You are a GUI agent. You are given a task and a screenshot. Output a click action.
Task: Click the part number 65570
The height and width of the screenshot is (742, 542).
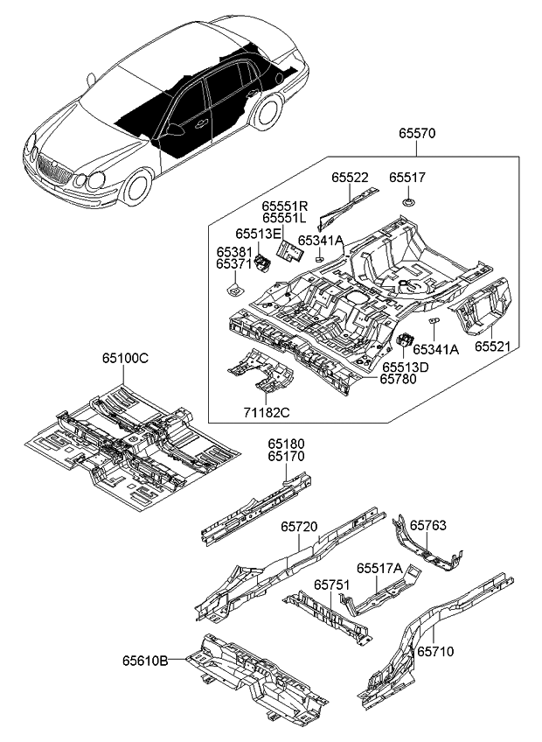pyautogui.click(x=417, y=134)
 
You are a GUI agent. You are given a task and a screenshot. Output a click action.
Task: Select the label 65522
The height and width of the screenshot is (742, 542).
pyautogui.click(x=351, y=177)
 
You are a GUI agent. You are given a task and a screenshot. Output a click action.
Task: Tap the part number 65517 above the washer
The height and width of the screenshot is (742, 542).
pyautogui.click(x=407, y=177)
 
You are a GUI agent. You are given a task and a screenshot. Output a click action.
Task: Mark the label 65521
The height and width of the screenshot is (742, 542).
pyautogui.click(x=493, y=346)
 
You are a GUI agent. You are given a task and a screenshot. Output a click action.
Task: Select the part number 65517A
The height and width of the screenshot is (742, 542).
pyautogui.click(x=379, y=569)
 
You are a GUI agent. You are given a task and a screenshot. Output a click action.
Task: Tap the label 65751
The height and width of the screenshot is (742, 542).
pyautogui.click(x=332, y=584)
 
